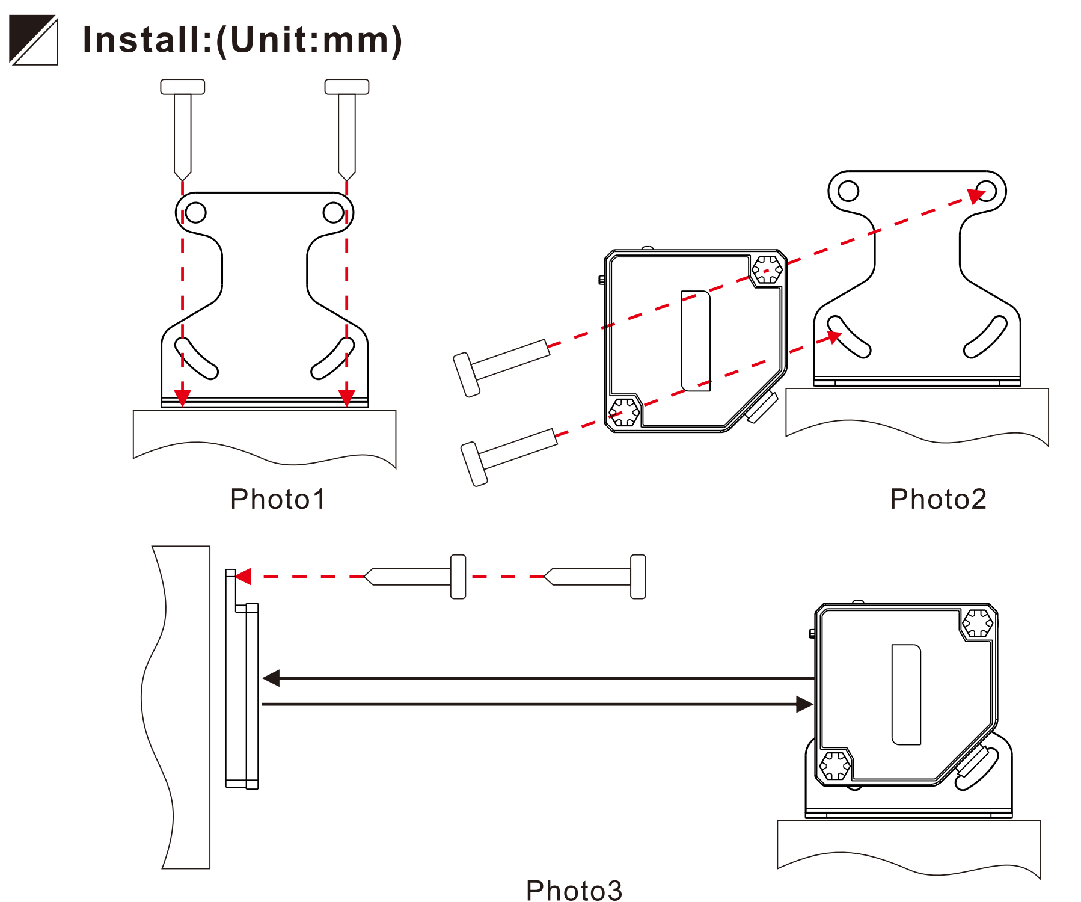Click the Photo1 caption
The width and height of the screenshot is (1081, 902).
point(278,499)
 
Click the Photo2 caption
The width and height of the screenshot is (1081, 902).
point(938,499)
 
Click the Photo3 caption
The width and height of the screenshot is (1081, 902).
point(574,890)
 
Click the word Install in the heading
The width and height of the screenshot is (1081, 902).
point(141,40)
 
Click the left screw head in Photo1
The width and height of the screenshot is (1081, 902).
point(183,87)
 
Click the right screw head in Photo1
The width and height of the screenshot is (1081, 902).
point(347,87)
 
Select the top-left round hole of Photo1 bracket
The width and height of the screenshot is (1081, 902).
point(195,212)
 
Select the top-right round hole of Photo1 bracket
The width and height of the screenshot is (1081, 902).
point(333,212)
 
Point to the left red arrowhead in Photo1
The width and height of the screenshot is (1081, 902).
point(183,397)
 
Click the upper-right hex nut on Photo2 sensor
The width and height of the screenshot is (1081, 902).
point(767,269)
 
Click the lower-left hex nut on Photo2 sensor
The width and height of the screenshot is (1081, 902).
point(623,412)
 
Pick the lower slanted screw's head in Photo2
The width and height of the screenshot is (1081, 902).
point(474,464)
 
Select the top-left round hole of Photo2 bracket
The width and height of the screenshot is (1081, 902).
point(848,191)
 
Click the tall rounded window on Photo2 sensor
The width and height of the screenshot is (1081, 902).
point(696,341)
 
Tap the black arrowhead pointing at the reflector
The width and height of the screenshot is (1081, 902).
point(272,678)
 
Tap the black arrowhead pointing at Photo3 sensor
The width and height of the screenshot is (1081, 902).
point(804,704)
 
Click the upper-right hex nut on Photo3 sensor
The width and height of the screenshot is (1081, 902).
point(977,623)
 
